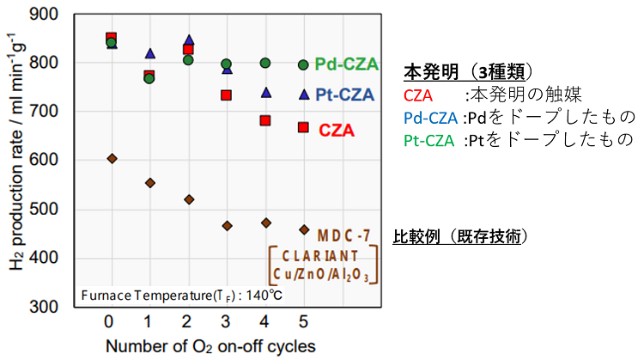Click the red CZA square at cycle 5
[303, 127]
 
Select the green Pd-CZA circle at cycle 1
[149, 78]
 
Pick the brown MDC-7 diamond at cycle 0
[112, 159]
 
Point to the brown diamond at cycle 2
[189, 199]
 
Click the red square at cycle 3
[227, 95]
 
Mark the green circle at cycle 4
[265, 63]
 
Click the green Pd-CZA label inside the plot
[345, 64]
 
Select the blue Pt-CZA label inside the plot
[345, 95]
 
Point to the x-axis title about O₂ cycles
[210, 346]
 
